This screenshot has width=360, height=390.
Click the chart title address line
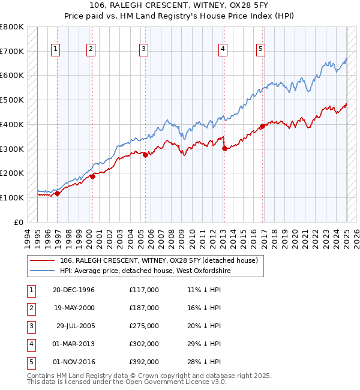point(179,7)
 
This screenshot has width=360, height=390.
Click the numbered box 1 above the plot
point(55,49)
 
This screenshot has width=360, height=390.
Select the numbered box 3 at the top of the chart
point(144,49)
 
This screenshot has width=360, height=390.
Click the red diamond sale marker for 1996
point(58,193)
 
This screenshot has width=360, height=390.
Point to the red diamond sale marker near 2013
point(224,148)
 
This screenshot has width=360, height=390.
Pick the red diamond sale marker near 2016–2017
point(262,126)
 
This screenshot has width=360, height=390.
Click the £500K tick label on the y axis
point(12,100)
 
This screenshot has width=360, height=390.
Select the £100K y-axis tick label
point(12,197)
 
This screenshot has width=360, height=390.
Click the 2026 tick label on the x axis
point(356,236)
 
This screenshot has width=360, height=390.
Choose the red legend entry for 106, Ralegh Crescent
point(158,260)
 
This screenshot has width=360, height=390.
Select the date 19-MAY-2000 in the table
point(74,308)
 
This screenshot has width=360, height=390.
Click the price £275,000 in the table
point(144,326)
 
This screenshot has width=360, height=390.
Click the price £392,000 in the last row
point(144,362)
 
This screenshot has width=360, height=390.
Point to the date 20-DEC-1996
point(74,290)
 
